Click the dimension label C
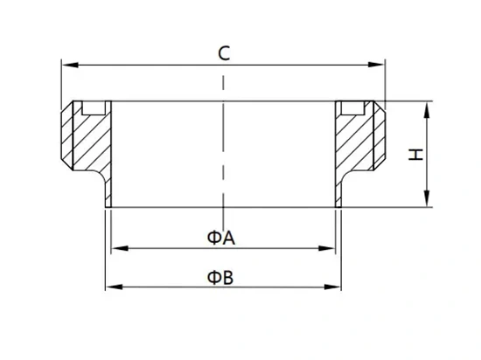click(224, 53)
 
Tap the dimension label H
click(415, 154)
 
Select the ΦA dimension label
click(221, 238)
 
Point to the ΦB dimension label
click(220, 278)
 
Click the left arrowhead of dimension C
click(70, 65)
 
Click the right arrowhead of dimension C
click(376, 65)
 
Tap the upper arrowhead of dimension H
click(427, 110)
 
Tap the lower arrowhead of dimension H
click(427, 198)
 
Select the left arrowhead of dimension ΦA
click(120, 248)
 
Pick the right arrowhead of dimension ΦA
click(327, 248)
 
